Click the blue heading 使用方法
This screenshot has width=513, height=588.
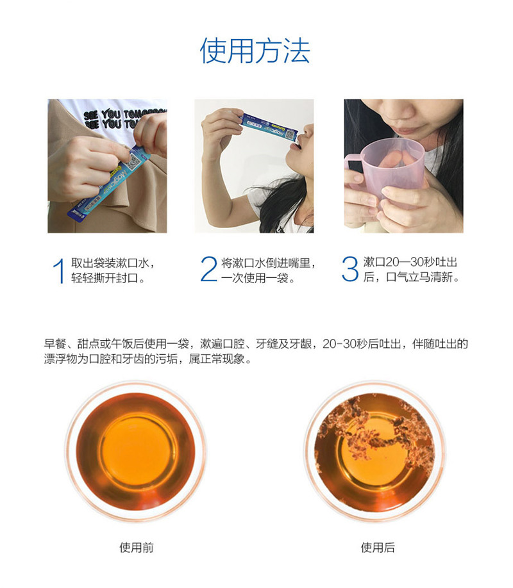coord(255,51)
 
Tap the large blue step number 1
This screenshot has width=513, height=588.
coord(59,270)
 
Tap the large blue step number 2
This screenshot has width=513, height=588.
coord(208,268)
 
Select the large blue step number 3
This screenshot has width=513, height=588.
coord(349,268)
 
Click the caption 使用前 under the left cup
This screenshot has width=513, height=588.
coord(137,548)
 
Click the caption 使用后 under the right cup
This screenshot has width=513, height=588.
coord(378,548)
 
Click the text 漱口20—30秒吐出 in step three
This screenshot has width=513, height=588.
coord(410,262)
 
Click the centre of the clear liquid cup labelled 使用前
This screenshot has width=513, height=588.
coord(137,451)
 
